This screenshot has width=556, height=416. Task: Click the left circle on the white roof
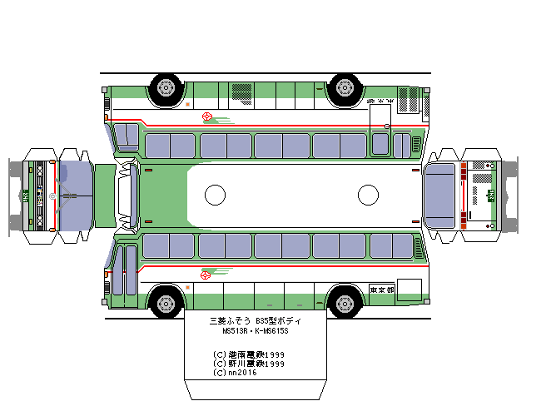215,195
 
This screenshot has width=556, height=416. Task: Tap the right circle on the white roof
368,195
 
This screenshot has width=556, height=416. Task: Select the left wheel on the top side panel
166,86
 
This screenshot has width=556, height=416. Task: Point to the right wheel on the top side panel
342,86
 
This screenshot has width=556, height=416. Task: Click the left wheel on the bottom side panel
166,302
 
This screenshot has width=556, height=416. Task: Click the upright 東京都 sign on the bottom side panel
382,290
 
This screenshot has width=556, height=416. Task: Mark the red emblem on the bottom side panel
206,275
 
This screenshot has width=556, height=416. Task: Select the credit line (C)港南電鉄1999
249,354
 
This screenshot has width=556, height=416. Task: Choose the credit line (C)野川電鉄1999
249,364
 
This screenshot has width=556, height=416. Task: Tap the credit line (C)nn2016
236,373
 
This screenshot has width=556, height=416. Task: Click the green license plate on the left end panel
27,196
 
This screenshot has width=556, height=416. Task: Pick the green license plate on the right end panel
491,195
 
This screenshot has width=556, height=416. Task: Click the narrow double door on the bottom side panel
124,270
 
